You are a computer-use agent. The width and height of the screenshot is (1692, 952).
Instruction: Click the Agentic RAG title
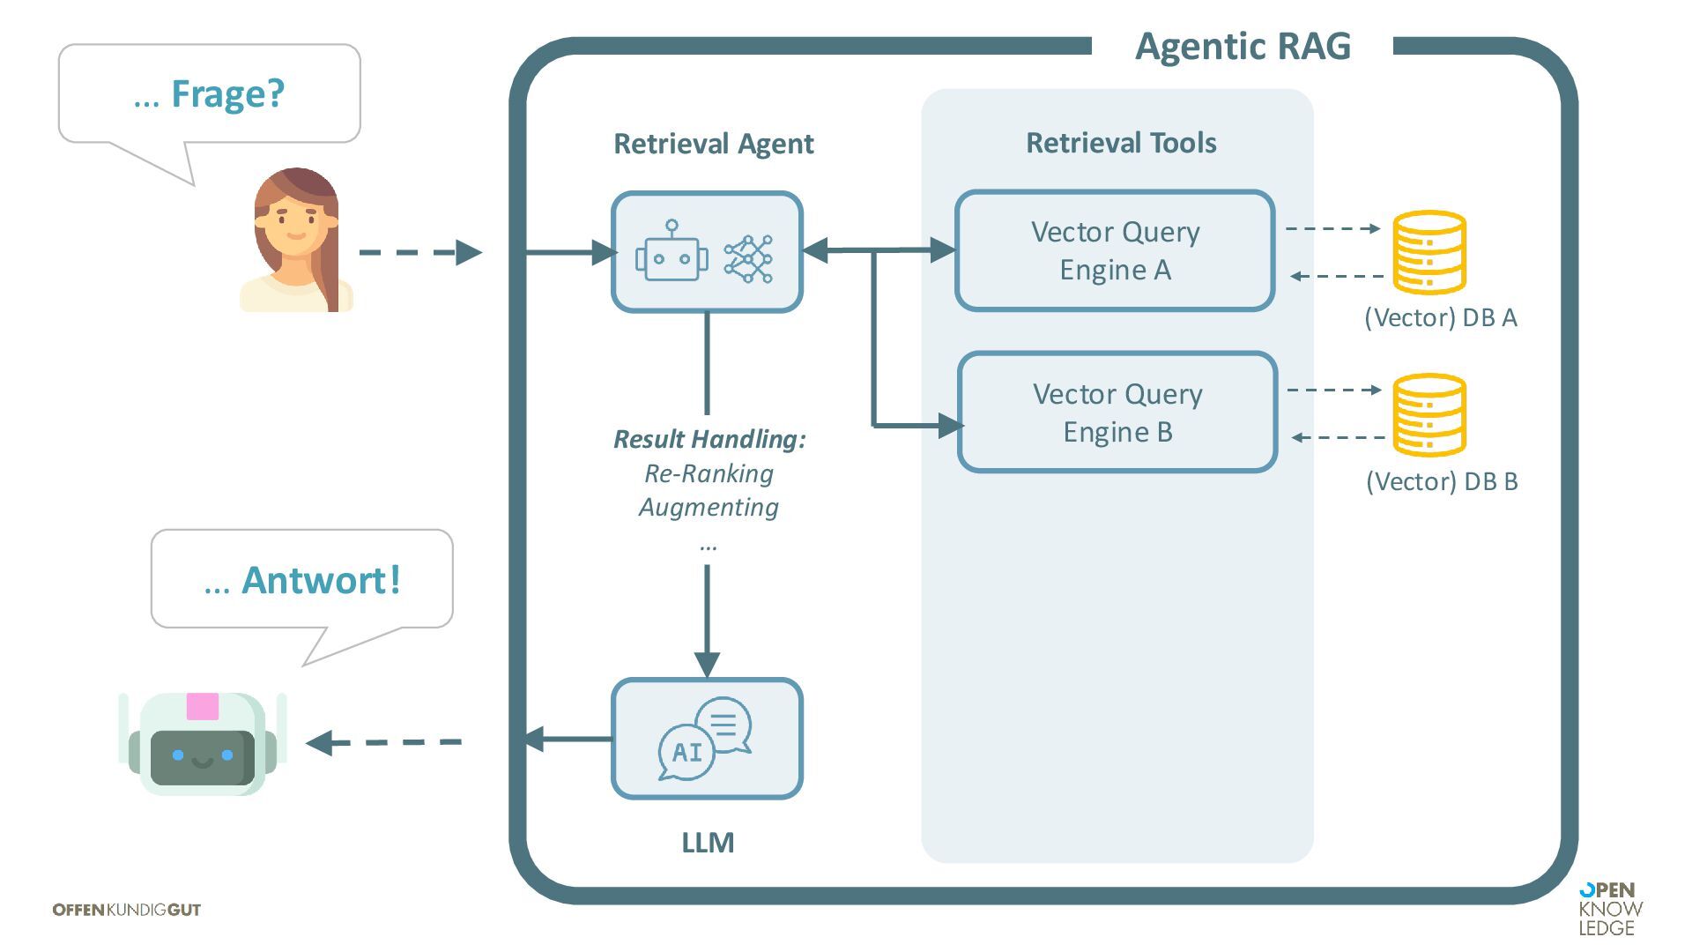tap(1242, 47)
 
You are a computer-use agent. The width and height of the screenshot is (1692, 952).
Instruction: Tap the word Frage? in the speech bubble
tap(227, 94)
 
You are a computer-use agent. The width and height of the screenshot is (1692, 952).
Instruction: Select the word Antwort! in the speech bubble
tap(321, 581)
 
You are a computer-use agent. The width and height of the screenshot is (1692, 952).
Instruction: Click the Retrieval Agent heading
tap(713, 144)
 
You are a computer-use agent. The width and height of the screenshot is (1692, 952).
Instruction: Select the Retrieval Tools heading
tap(1121, 143)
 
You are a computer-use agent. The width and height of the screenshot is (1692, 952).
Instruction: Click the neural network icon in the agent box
tap(748, 258)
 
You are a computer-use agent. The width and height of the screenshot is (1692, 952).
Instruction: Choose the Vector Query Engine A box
tap(1115, 251)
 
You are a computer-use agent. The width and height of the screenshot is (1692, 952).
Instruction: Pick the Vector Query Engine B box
tap(1117, 413)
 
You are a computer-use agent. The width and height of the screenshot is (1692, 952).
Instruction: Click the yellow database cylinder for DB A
tap(1429, 252)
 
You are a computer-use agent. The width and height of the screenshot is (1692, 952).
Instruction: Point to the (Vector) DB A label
tap(1440, 318)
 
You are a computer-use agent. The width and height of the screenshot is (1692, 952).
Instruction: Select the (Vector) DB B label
tap(1442, 481)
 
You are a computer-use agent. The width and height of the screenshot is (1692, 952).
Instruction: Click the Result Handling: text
tap(709, 439)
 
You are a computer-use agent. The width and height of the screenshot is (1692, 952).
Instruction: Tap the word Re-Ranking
tap(709, 474)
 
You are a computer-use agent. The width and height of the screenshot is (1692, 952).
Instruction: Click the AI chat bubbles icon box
tap(707, 739)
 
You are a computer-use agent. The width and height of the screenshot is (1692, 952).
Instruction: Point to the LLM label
tap(708, 843)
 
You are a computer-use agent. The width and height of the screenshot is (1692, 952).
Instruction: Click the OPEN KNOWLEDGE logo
tap(1610, 909)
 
